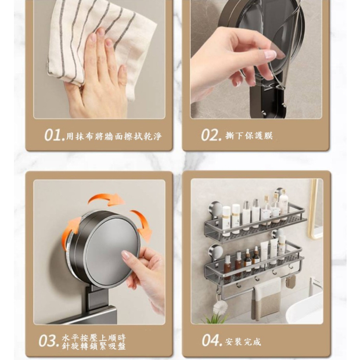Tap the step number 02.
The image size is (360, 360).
211,135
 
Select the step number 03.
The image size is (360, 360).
49,341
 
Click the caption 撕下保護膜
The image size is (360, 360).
249,136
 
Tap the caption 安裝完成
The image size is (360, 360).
243,341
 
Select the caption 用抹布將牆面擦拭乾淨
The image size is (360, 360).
114,136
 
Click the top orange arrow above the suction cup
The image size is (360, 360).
106,199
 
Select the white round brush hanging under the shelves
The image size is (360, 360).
221,307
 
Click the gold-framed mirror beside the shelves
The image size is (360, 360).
315,209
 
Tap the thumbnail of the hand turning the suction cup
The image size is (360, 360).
99,252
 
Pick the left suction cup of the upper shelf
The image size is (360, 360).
215,209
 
